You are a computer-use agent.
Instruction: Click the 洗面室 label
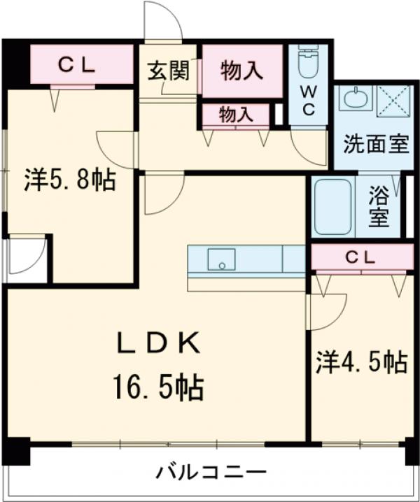pos(375,145)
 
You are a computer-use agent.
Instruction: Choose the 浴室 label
pos(379,206)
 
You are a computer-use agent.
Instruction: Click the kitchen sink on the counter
pos(221,259)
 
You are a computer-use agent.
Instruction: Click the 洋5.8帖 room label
pos(70,180)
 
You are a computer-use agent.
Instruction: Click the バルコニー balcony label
pos(211,471)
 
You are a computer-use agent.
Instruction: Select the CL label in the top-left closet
pos(76,64)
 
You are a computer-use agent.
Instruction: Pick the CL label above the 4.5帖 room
pos(360,257)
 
